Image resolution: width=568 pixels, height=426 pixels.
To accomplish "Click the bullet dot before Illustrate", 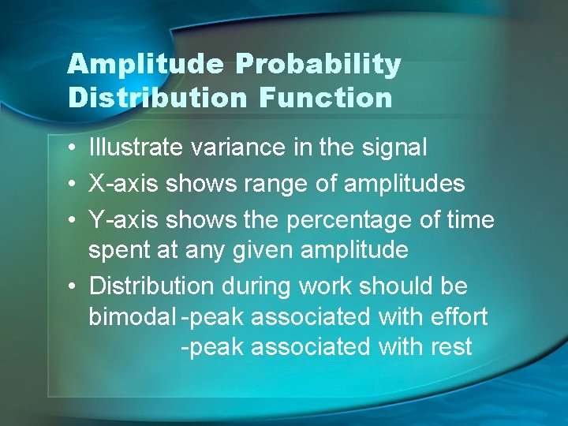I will tap(72, 148).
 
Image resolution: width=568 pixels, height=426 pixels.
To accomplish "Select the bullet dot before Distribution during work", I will tap(72, 286).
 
